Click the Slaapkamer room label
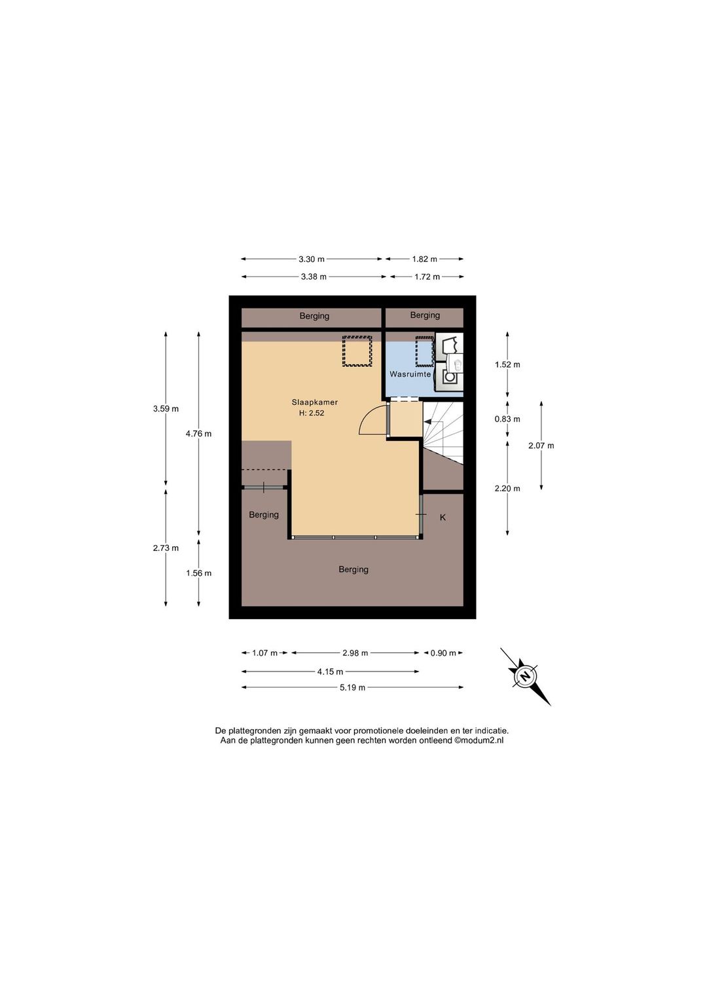pyautogui.click(x=314, y=402)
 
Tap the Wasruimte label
pyautogui.click(x=410, y=374)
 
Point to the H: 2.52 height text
pyautogui.click(x=312, y=413)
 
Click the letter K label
pyautogui.click(x=443, y=518)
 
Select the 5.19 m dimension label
pyautogui.click(x=352, y=688)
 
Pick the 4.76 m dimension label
pyautogui.click(x=199, y=434)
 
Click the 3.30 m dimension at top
pyautogui.click(x=312, y=259)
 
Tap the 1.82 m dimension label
pyautogui.click(x=424, y=259)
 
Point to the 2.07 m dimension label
pyautogui.click(x=541, y=445)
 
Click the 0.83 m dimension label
pyautogui.click(x=507, y=419)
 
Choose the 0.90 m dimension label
pyautogui.click(x=443, y=653)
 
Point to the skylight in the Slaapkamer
pyautogui.click(x=357, y=351)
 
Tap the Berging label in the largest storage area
pyautogui.click(x=353, y=570)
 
